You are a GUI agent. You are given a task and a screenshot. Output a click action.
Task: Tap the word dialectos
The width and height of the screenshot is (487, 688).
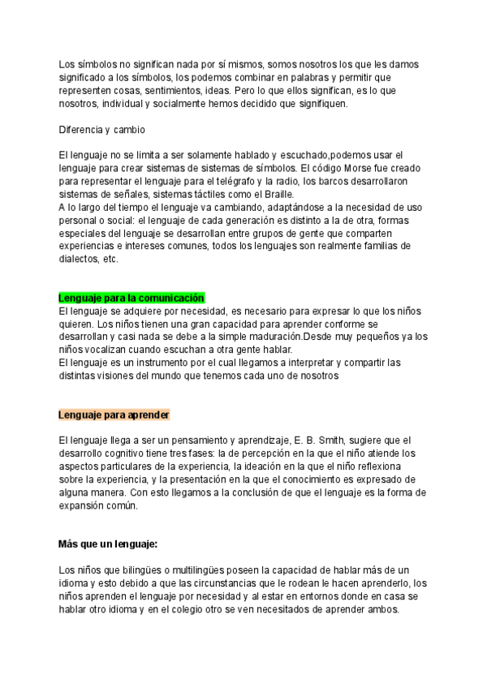80,258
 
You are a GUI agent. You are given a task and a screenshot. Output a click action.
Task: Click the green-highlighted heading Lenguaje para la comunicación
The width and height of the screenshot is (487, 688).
131,298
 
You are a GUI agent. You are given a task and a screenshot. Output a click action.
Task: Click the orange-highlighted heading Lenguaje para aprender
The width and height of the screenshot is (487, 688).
114,415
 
